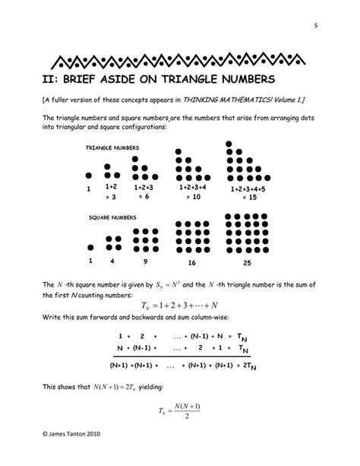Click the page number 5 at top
[314, 28]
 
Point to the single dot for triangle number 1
[90, 174]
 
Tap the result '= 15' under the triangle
[248, 198]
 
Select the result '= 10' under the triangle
[191, 196]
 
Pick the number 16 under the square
[191, 262]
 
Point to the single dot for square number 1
[90, 246]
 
